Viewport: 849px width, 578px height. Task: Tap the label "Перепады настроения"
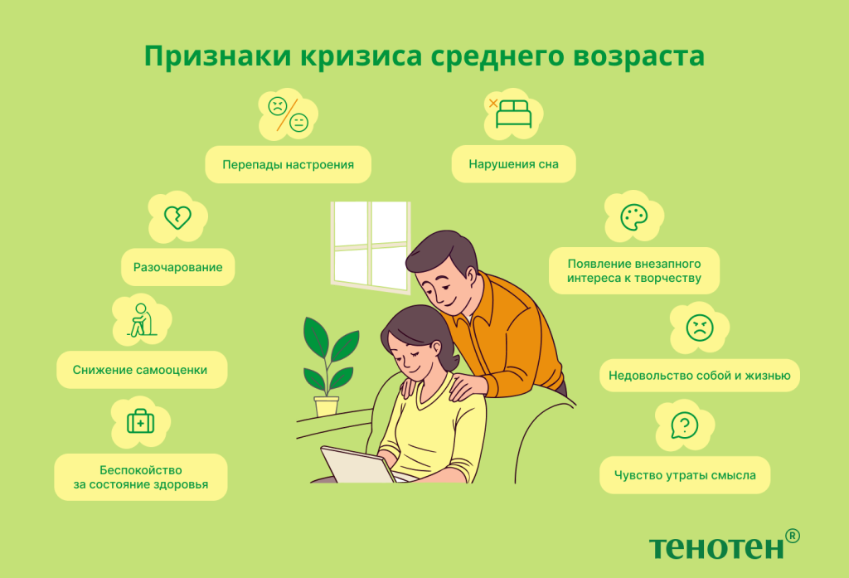(x=288, y=164)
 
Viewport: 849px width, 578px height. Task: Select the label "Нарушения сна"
(x=513, y=164)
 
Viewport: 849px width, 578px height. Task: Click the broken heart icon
(x=177, y=217)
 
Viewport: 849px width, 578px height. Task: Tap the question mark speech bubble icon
(x=683, y=426)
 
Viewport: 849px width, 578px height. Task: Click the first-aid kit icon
(x=140, y=422)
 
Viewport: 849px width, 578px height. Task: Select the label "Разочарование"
(x=177, y=267)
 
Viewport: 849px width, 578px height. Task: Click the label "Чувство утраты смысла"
(x=684, y=475)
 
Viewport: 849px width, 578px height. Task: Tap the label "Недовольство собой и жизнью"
(x=699, y=375)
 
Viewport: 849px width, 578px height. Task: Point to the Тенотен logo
(x=716, y=546)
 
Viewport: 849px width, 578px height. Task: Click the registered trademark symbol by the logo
(x=793, y=536)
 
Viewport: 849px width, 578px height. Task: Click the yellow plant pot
(x=327, y=406)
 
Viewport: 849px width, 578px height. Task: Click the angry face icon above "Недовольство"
(x=699, y=328)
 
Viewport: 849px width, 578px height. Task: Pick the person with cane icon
(x=140, y=320)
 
